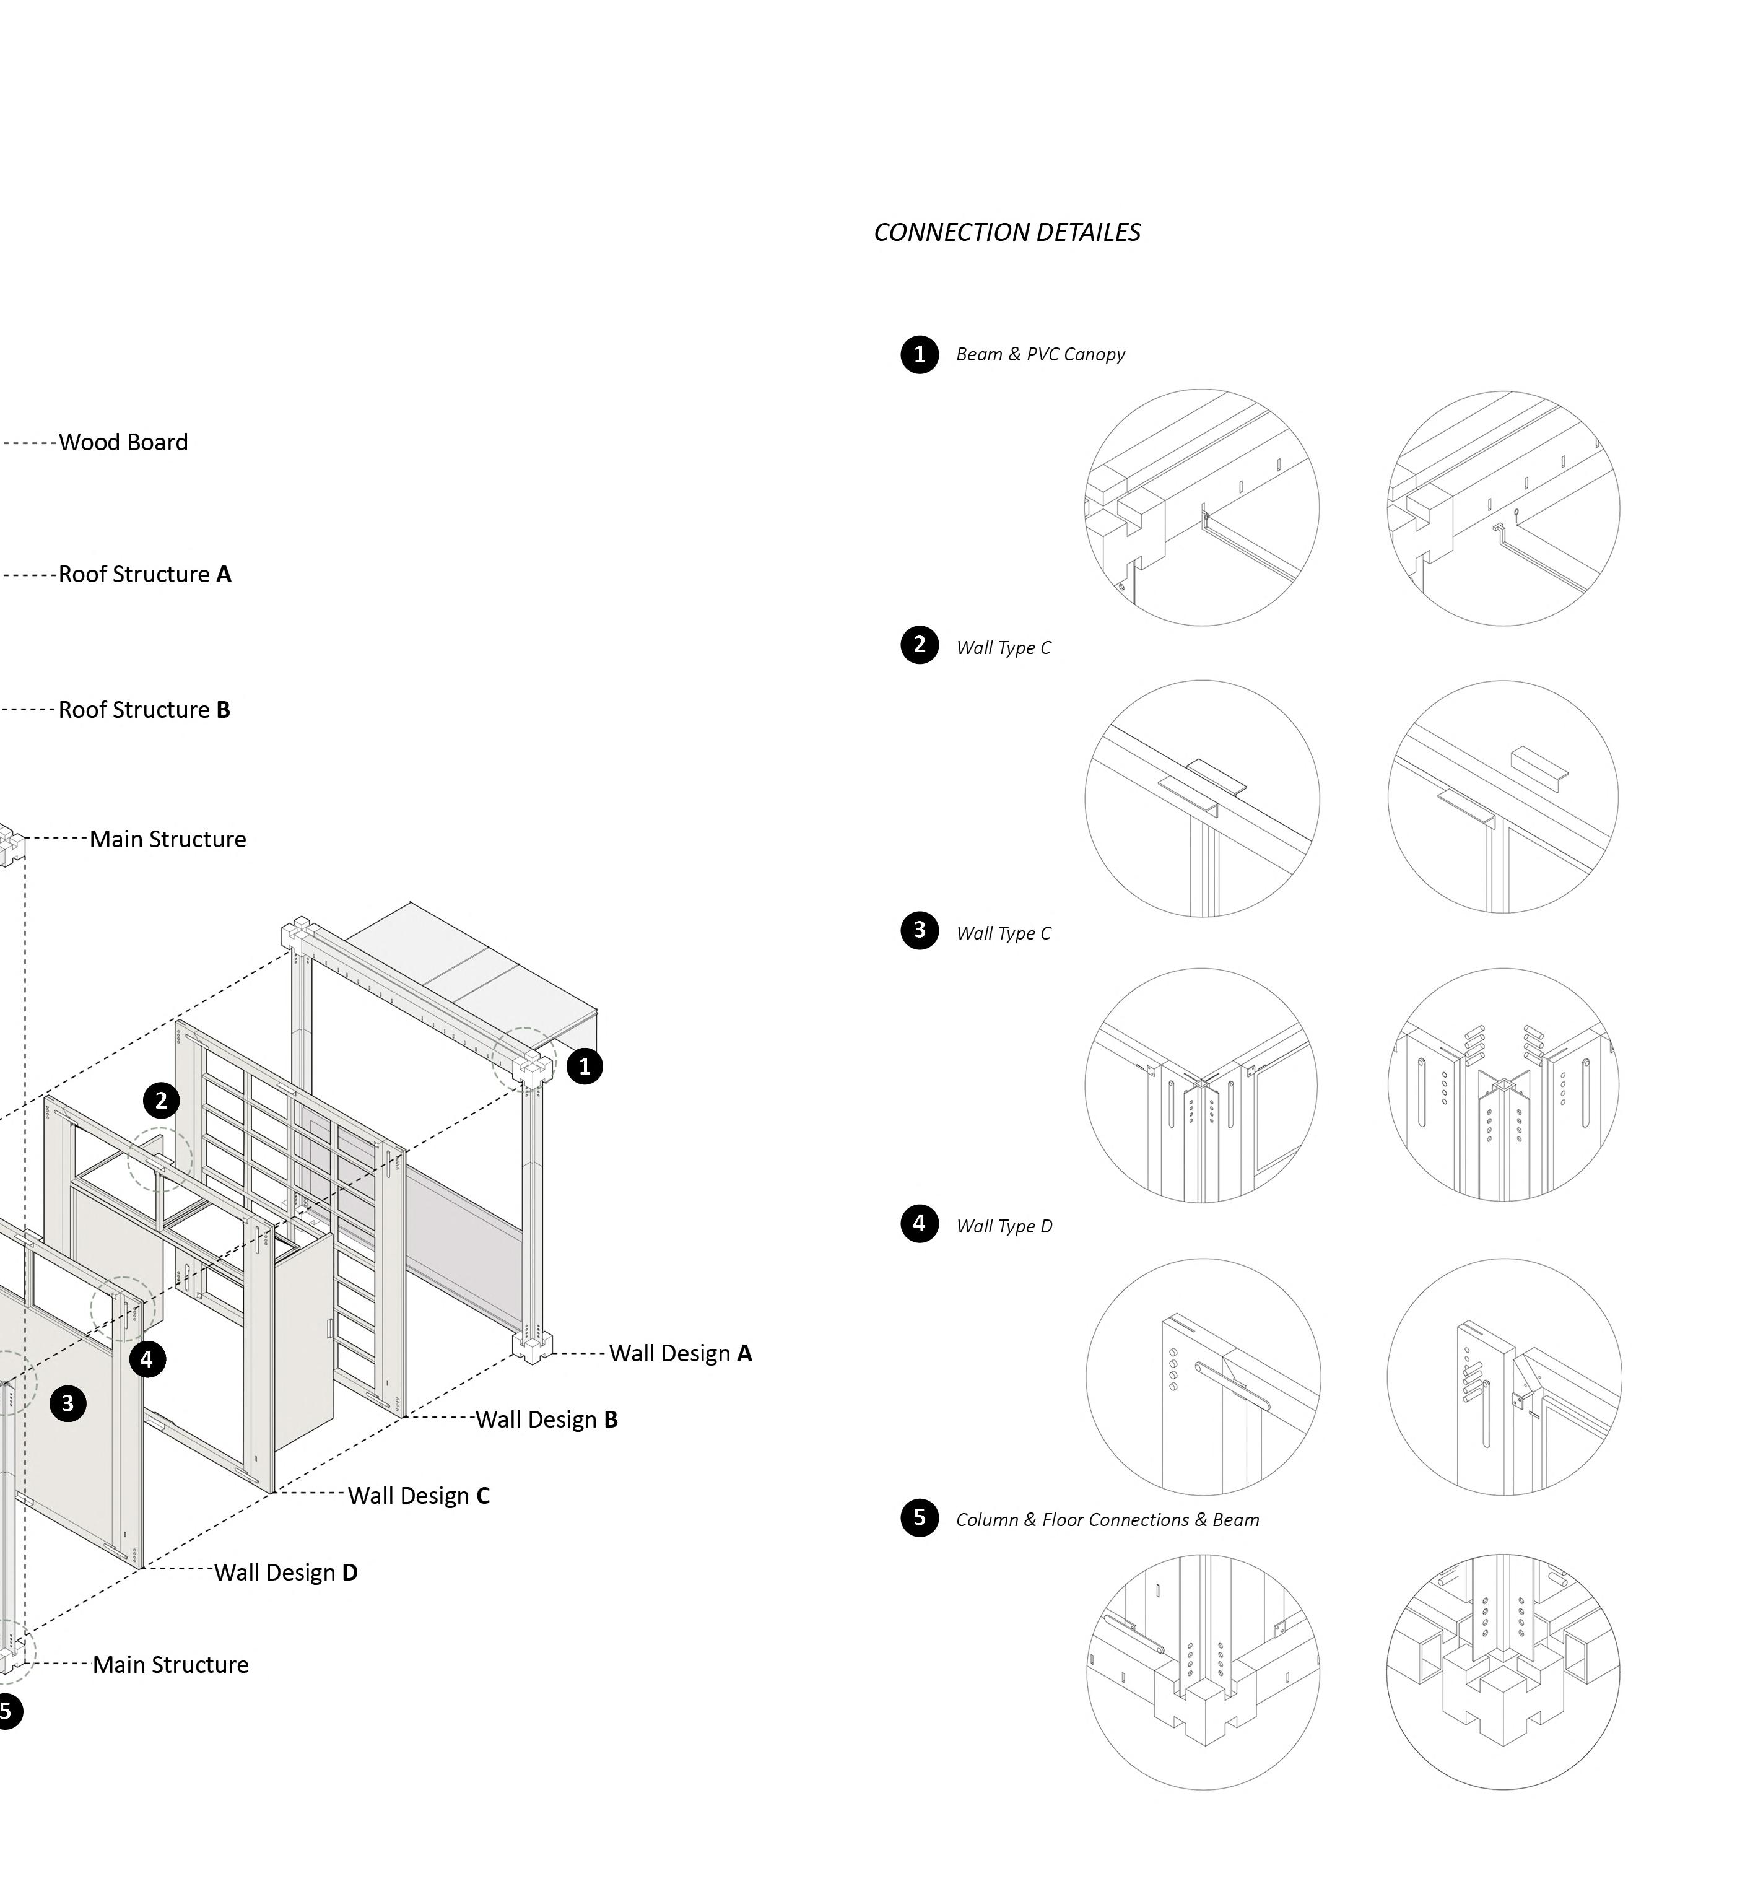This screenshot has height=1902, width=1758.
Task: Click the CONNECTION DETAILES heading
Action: (1006, 232)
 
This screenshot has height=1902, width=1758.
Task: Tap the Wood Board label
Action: (124, 442)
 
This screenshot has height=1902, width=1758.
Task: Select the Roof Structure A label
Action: (145, 575)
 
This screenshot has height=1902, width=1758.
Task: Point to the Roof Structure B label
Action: (145, 710)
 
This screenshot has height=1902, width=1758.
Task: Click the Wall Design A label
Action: (680, 1353)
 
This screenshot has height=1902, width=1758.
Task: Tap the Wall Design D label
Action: (285, 1573)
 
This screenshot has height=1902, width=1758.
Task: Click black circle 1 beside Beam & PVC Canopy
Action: (919, 355)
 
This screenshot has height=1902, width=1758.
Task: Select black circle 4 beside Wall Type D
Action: (919, 1224)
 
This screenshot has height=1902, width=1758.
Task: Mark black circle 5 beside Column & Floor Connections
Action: (919, 1517)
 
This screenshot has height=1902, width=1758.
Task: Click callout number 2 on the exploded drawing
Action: (161, 1101)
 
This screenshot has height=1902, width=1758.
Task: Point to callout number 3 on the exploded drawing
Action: (67, 1403)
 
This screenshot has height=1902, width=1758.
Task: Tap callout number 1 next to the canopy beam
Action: (584, 1067)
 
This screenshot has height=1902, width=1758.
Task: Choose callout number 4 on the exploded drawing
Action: (147, 1359)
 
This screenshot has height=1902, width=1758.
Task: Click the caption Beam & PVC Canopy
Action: (1040, 355)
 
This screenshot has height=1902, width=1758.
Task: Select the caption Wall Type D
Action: (1004, 1226)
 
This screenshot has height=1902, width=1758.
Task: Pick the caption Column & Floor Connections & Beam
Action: (1107, 1520)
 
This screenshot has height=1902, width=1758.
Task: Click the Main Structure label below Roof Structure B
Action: (167, 839)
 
